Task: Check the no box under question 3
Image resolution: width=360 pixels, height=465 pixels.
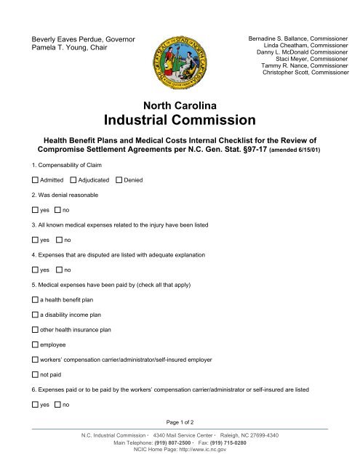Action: [58, 240]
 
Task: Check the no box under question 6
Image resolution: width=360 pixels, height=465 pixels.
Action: [58, 405]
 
